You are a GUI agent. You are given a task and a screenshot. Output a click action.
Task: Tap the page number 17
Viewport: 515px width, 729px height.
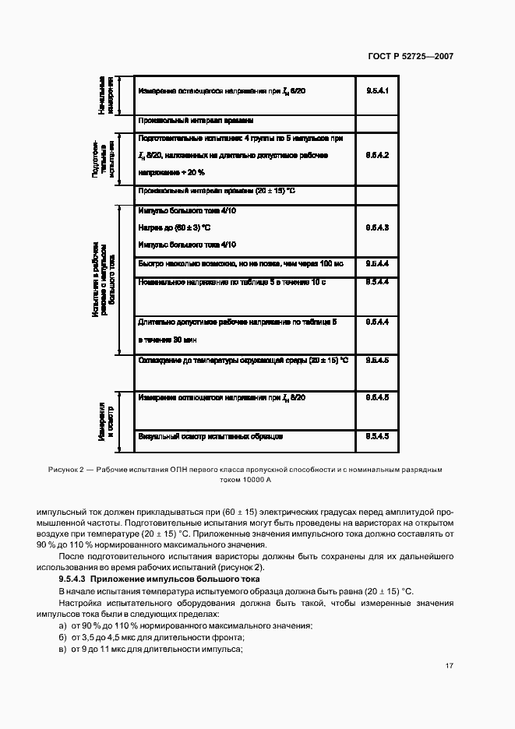coord(449,666)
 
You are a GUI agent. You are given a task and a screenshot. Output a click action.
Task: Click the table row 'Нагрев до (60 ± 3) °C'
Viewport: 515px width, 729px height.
coord(175,227)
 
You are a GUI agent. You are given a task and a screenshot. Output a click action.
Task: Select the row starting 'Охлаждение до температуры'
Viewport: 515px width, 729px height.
coord(242,361)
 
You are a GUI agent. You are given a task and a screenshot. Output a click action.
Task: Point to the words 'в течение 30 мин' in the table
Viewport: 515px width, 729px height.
coord(168,340)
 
